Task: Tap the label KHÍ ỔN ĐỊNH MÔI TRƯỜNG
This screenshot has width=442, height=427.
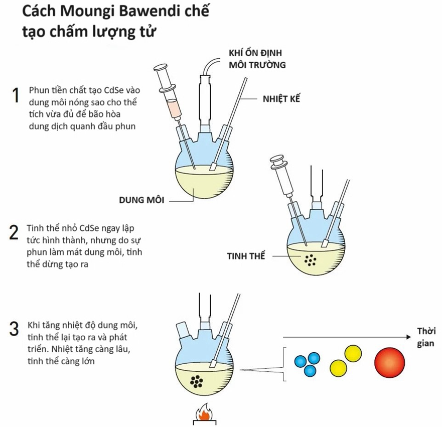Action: point(257,59)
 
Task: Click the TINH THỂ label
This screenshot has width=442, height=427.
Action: point(246,256)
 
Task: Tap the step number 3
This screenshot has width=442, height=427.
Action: point(15,330)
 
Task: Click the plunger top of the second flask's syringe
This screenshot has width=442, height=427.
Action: point(277,161)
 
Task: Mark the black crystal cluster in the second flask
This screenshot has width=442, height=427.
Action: point(311,260)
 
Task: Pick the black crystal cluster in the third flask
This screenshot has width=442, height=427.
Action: point(198,382)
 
